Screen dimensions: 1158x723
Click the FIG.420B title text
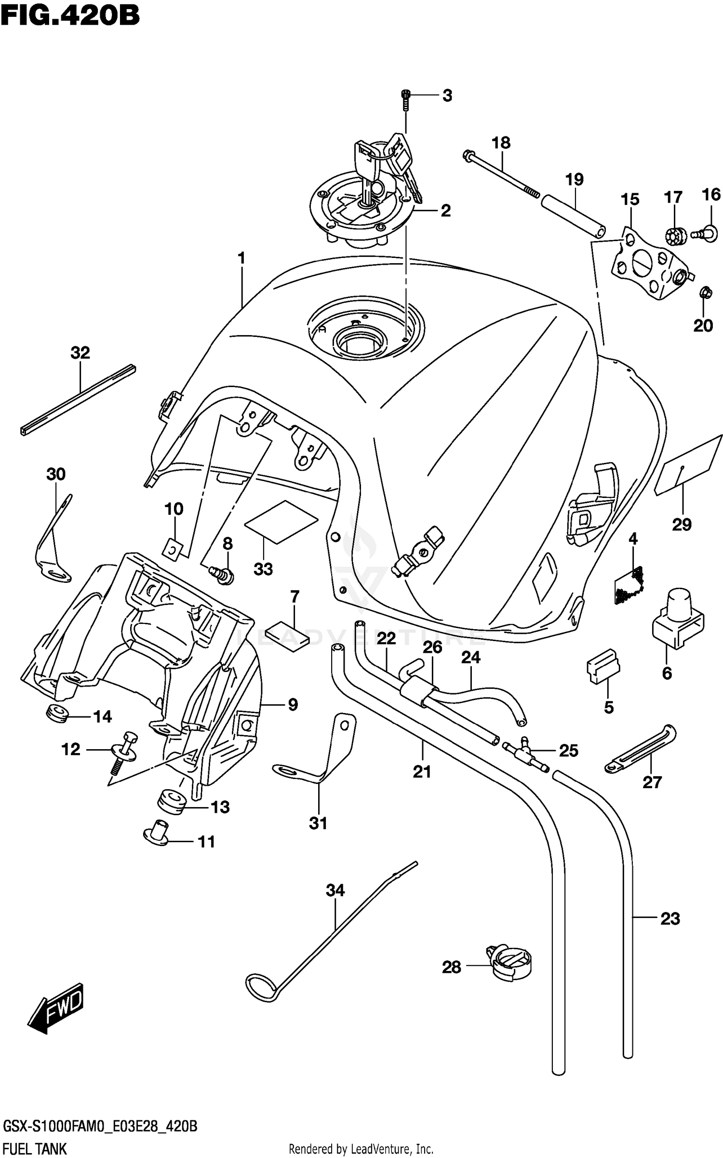70,15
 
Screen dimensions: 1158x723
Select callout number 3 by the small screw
447,96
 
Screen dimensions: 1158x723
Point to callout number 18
501,143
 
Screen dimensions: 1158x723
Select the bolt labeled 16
705,233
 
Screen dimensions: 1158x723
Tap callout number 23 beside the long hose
670,919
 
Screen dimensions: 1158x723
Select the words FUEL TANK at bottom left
35,1149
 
